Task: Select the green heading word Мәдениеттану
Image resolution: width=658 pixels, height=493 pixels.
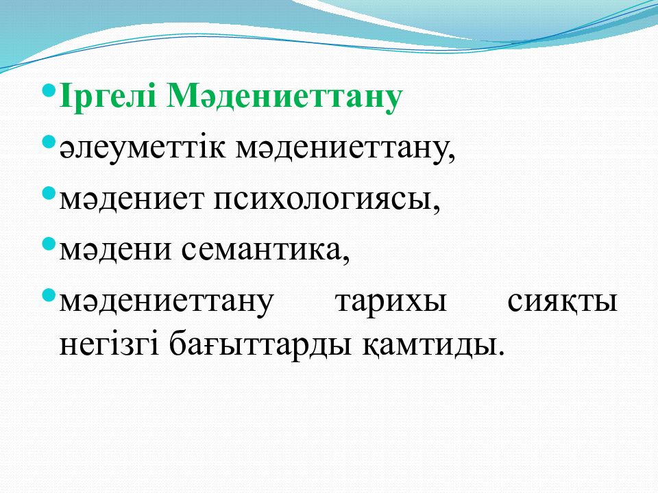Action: point(284,99)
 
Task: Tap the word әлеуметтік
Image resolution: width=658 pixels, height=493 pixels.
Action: point(143,149)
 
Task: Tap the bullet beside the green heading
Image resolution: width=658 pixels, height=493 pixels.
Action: point(49,90)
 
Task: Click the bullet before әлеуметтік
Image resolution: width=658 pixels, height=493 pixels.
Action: point(49,142)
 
